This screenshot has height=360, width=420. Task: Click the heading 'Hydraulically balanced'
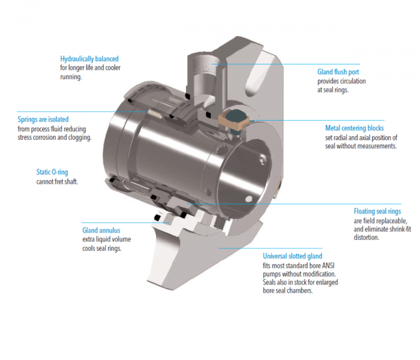(89, 59)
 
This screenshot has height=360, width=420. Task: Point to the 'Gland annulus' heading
(101, 230)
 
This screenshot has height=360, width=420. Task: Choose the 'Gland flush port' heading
(338, 72)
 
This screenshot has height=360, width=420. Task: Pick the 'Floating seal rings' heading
(377, 211)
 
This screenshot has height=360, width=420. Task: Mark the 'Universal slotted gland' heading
(292, 256)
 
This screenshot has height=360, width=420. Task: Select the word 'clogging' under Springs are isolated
(78, 137)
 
